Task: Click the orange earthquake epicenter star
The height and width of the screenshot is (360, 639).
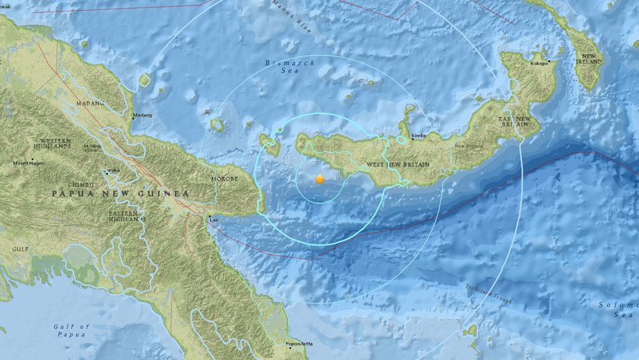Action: click(x=319, y=179)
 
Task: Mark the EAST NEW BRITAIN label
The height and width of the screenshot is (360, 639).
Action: click(x=516, y=123)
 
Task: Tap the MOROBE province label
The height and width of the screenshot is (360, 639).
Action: click(x=226, y=178)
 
